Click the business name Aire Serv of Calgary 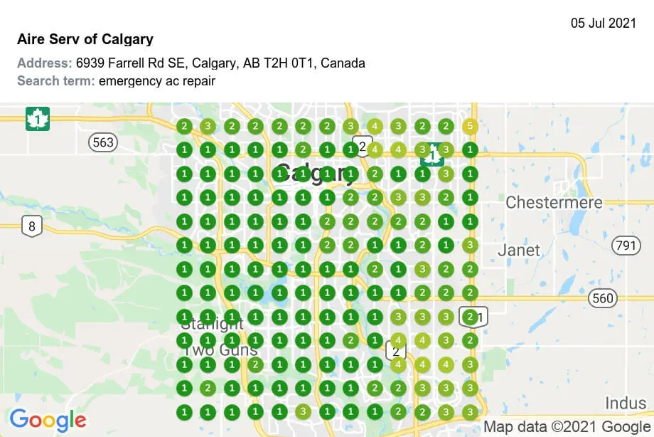coord(85,39)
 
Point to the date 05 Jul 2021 coord(604,23)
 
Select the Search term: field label coord(56,80)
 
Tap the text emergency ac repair coord(157,80)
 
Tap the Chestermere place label coord(554,203)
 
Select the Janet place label coord(518,251)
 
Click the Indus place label coord(626,404)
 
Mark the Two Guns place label coord(220,350)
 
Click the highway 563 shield coord(103,142)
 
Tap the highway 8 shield coord(32,227)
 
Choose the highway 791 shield coord(625,246)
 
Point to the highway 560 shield coord(602,298)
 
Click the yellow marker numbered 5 coord(468,127)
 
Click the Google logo coord(48,420)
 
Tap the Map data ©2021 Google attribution coord(567,427)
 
